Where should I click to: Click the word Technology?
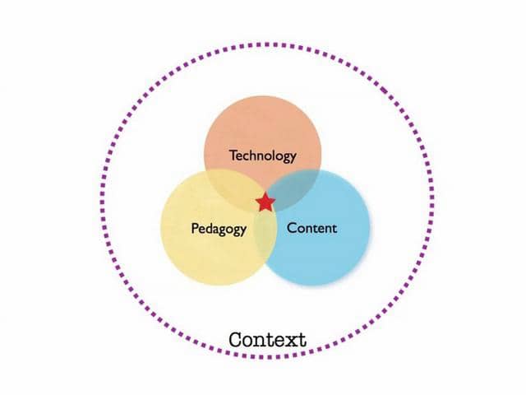coord(262,155)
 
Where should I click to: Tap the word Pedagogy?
coord(219,229)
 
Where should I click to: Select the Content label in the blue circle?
coord(311,228)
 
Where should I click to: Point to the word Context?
coord(267,339)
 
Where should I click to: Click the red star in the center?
coord(265,202)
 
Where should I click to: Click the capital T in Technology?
coord(233,154)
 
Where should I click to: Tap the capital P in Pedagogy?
coord(195,228)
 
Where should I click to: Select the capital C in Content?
coord(291,228)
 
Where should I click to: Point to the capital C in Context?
coord(236,339)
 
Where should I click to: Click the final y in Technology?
coord(293,157)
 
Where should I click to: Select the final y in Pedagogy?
coord(242,231)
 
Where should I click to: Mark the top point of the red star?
coord(265,193)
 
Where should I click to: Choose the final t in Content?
coord(334,228)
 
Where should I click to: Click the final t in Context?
coord(302,339)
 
